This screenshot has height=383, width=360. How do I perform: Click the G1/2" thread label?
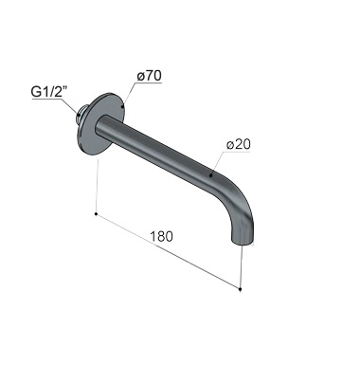[49, 92]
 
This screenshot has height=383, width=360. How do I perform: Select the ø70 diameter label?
[149, 76]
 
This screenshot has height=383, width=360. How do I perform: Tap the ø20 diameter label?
[238, 144]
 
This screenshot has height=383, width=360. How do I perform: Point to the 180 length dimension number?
[161, 236]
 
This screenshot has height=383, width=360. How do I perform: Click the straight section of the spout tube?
[158, 149]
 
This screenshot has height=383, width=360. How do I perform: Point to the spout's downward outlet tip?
[243, 241]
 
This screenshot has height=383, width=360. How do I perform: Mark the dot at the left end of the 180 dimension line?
[96, 214]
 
